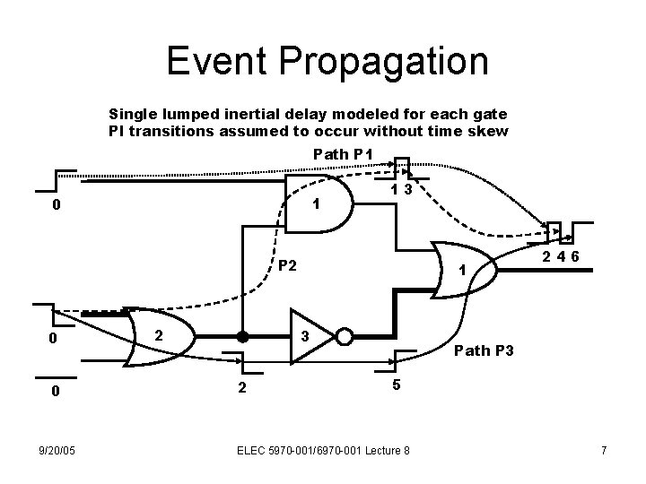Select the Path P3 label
484,350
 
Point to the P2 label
288,265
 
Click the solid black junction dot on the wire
241,337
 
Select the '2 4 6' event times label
560,259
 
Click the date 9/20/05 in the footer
56,449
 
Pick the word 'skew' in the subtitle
489,132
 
